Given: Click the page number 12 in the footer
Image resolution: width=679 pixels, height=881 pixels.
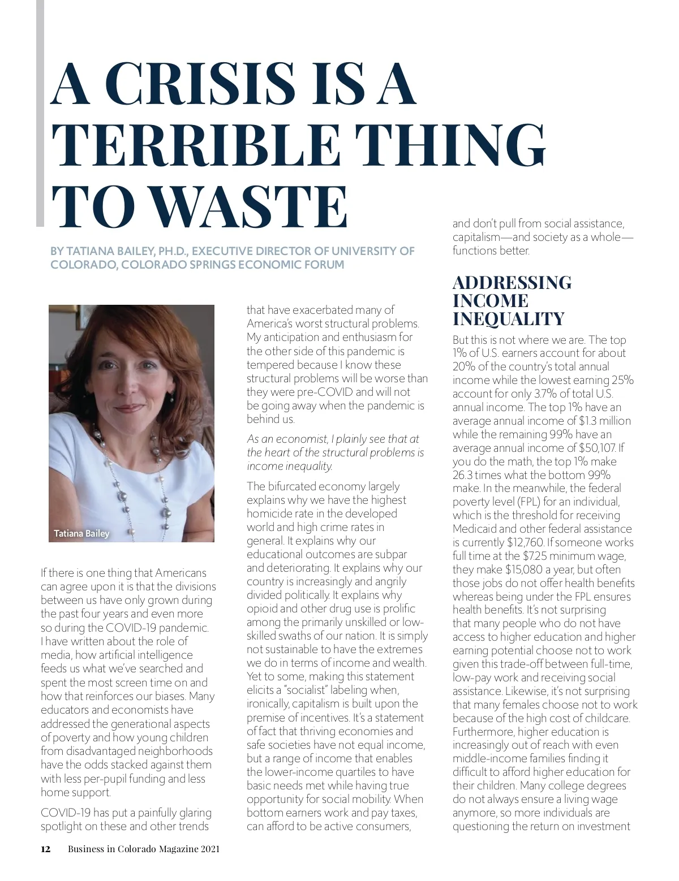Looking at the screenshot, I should [x=46, y=849].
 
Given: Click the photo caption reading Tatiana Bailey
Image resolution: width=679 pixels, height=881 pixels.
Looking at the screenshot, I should [x=81, y=533].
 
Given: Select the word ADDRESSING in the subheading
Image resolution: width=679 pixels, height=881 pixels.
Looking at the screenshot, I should [x=512, y=283].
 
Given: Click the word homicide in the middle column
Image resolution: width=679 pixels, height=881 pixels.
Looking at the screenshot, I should [x=269, y=513].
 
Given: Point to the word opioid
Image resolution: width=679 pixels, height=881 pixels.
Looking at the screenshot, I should [x=263, y=608].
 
